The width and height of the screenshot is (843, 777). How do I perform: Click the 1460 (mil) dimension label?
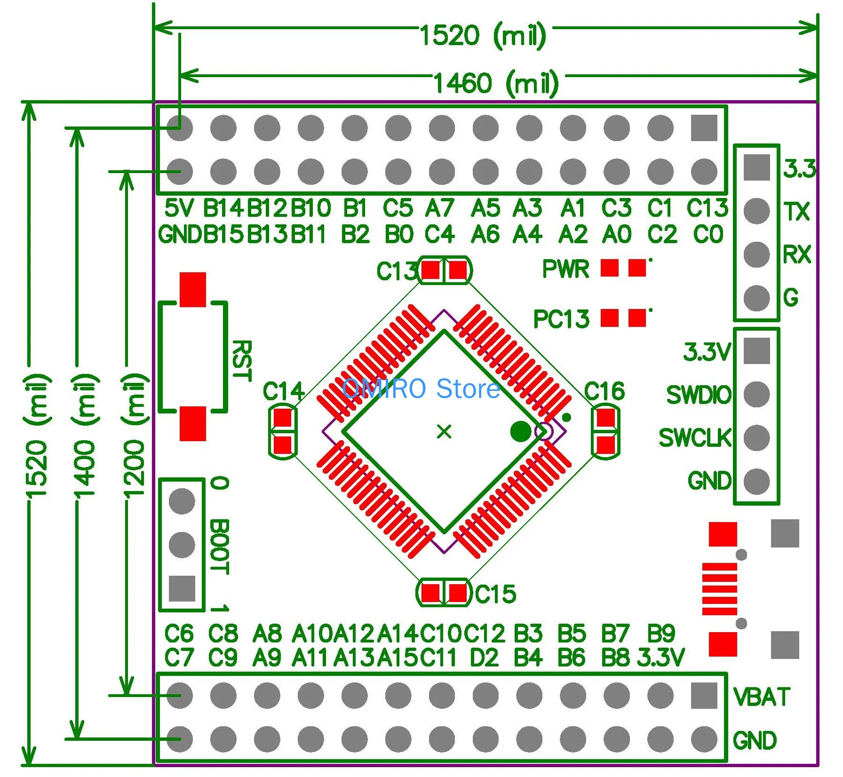(495, 83)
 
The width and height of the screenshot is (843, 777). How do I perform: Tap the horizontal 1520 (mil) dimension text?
(482, 36)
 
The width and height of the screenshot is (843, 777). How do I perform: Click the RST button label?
(242, 360)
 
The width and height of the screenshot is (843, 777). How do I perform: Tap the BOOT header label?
(219, 547)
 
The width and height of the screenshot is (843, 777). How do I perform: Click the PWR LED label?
(565, 269)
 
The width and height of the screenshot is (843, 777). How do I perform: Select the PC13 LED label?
(561, 319)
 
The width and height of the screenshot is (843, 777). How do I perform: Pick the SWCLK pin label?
(695, 438)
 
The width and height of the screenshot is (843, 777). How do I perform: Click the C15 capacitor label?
(495, 594)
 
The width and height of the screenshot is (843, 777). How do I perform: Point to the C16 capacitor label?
(604, 391)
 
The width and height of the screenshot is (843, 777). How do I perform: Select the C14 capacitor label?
(284, 391)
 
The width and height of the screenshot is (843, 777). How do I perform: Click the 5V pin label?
(179, 208)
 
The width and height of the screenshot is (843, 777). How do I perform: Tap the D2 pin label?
(484, 658)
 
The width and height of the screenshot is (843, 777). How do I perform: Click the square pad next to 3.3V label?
(756, 351)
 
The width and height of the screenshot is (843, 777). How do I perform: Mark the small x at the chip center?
(444, 431)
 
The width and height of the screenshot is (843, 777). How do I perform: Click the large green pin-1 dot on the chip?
(520, 431)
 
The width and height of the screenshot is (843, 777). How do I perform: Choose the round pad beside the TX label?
(756, 211)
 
